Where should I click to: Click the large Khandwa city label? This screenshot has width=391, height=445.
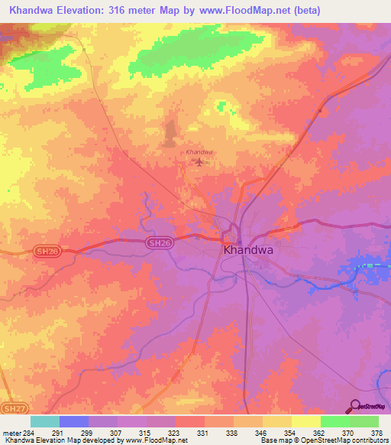point(248,250)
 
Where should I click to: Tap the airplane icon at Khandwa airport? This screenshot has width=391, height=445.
point(200,162)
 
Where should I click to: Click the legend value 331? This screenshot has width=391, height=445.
point(203,433)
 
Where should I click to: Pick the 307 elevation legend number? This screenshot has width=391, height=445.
point(116,433)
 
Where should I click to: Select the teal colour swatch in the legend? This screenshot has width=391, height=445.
point(44,421)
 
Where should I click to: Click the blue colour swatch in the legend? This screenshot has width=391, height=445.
point(73,421)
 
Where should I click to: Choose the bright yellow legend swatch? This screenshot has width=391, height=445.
point(305,421)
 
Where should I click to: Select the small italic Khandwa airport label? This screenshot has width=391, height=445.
point(199,152)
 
